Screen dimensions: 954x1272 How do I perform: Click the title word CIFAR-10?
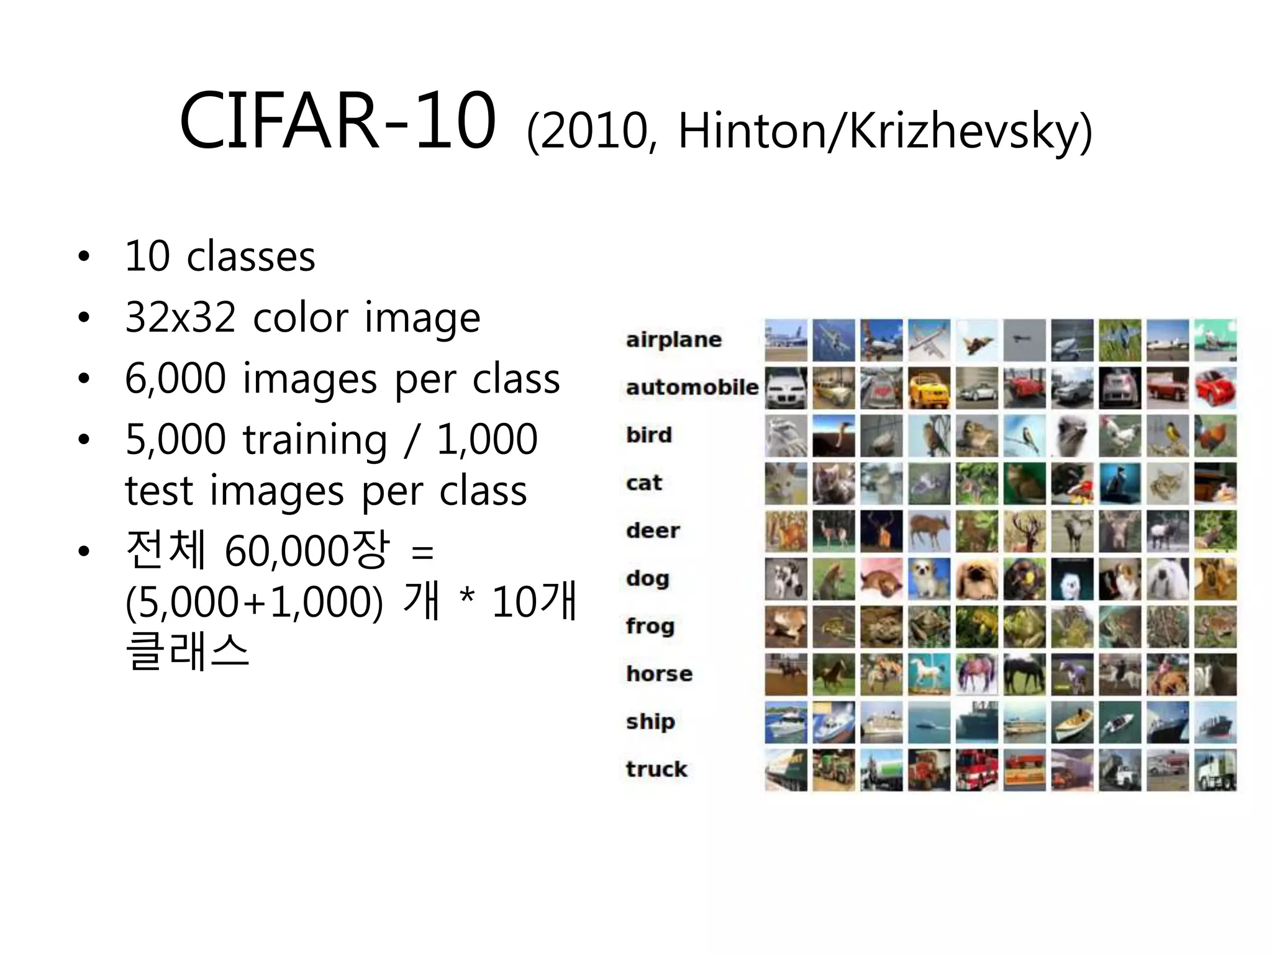click(x=337, y=121)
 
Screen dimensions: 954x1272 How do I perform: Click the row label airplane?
click(x=674, y=340)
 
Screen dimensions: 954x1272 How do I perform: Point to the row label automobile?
click(x=692, y=388)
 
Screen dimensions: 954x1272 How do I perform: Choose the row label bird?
click(x=649, y=435)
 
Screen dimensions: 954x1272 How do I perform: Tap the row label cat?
click(x=644, y=483)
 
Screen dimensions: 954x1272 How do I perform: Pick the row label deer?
click(x=653, y=530)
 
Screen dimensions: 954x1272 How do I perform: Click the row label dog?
click(x=648, y=579)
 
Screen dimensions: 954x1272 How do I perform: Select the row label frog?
click(x=650, y=626)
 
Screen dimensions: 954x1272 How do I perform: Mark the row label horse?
click(x=659, y=674)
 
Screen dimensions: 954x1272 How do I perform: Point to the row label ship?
click(x=650, y=722)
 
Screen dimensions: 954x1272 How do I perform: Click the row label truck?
click(x=656, y=770)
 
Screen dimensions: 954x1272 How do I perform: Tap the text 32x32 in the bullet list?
click(x=180, y=317)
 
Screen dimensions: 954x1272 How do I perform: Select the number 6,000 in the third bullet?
click(x=175, y=378)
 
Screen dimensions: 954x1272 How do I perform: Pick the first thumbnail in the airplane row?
click(x=786, y=340)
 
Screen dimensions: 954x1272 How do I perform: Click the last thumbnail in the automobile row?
click(x=1215, y=388)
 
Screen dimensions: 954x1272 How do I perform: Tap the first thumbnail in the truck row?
click(x=786, y=770)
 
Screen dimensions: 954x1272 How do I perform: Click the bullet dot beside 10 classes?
click(x=84, y=257)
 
